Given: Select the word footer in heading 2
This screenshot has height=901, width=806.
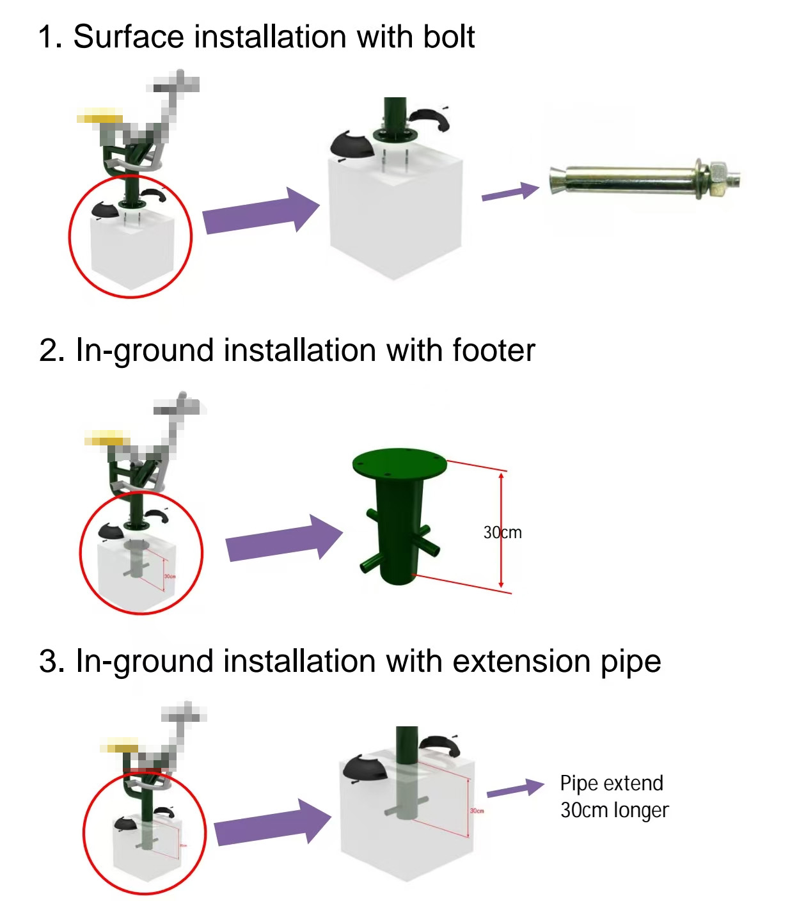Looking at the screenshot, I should [x=493, y=351].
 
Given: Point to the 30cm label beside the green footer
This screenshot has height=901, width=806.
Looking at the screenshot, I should [x=503, y=532].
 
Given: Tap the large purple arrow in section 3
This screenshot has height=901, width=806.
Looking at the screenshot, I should [x=273, y=823].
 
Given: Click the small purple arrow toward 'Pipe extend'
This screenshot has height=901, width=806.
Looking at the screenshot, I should [x=515, y=788].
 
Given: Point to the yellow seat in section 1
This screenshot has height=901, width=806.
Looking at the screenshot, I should [x=100, y=117].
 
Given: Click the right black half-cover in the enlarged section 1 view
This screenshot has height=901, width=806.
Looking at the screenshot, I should [x=430, y=119].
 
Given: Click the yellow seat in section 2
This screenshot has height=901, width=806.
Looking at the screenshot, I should [x=107, y=438].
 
